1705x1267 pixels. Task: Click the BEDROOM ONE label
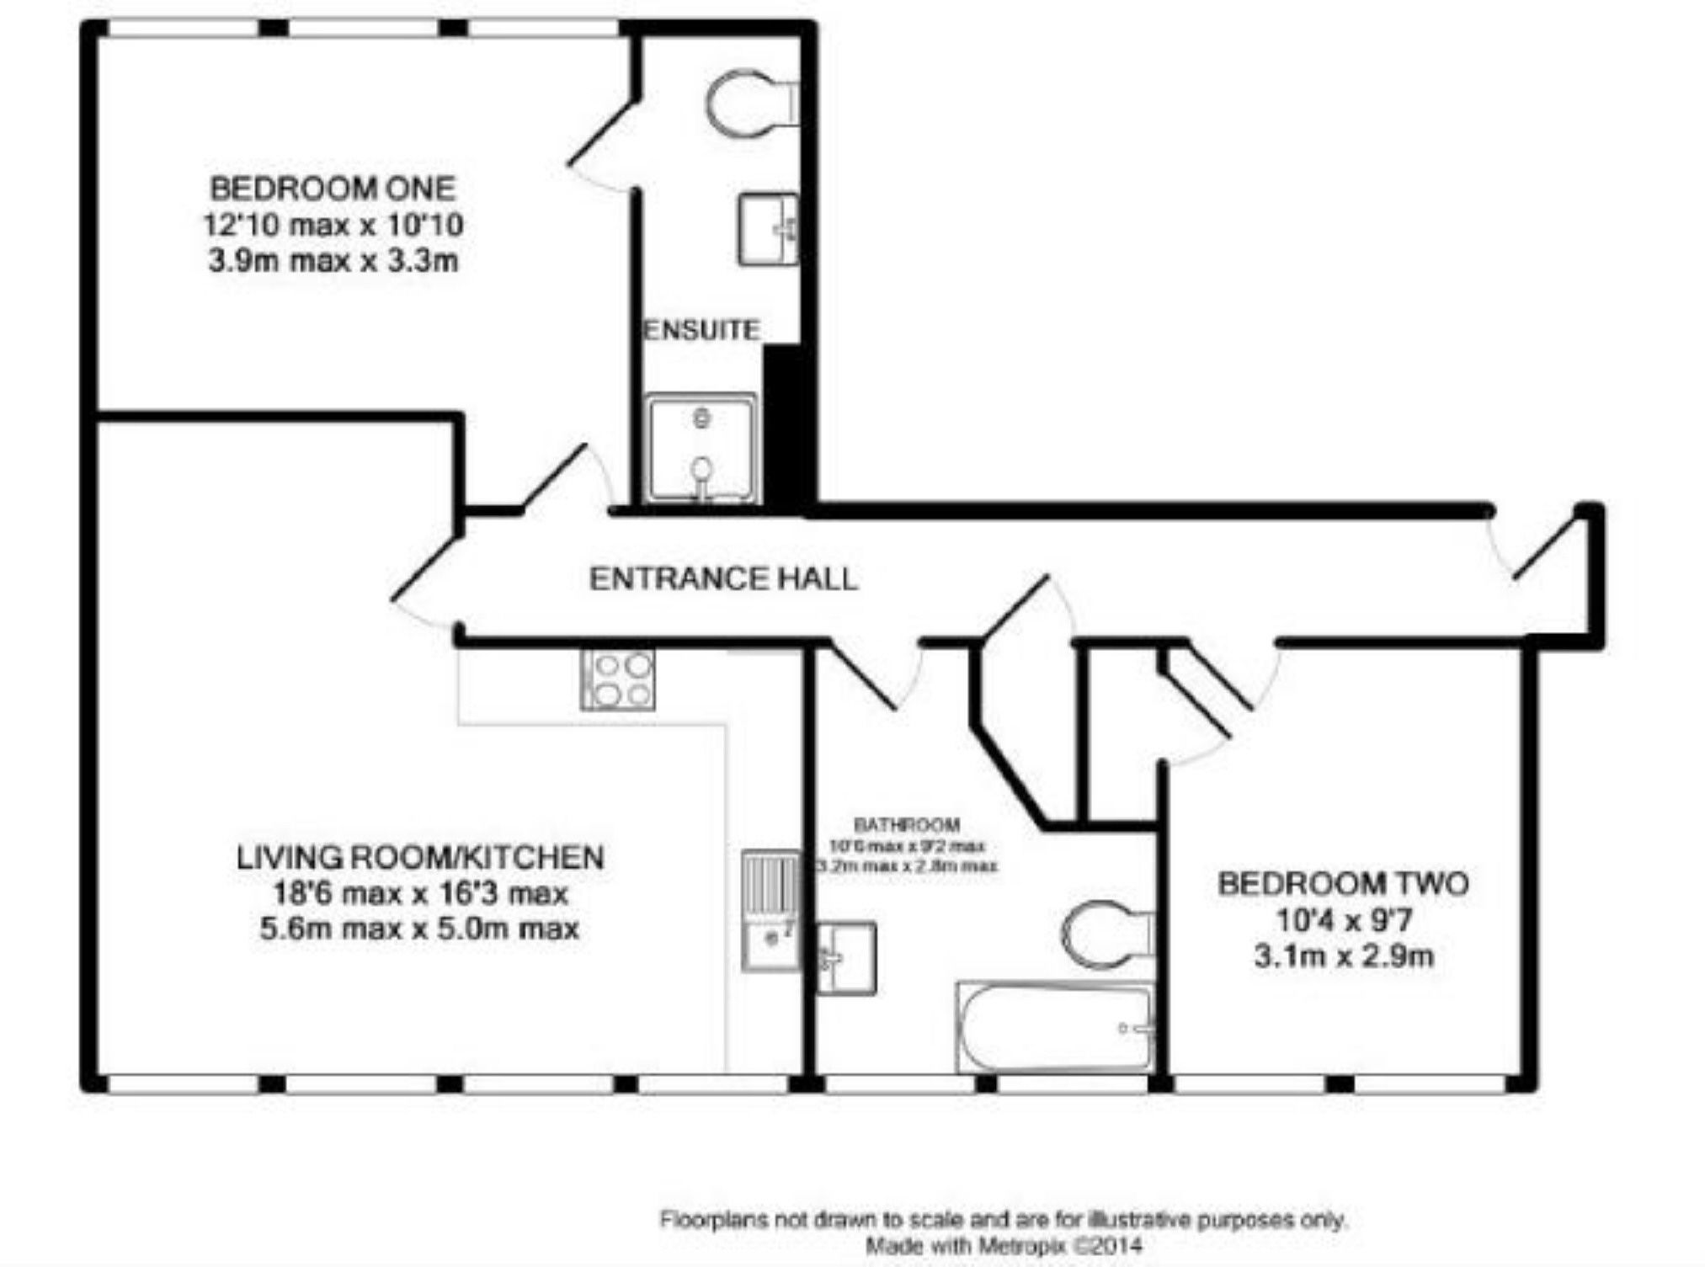pyautogui.click(x=333, y=188)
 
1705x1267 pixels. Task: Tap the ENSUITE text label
pyautogui.click(x=701, y=330)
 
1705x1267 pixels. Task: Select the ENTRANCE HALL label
pyautogui.click(x=722, y=579)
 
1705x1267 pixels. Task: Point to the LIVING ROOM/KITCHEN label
pyautogui.click(x=419, y=857)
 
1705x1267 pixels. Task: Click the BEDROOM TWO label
pyautogui.click(x=1343, y=883)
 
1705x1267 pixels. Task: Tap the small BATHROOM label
pyautogui.click(x=906, y=825)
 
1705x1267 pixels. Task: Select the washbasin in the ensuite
pyautogui.click(x=767, y=229)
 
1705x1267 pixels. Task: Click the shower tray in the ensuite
pyautogui.click(x=701, y=449)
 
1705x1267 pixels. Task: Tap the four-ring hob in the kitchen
pyautogui.click(x=618, y=679)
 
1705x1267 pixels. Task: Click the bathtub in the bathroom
pyautogui.click(x=1054, y=1028)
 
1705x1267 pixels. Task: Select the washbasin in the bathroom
pyautogui.click(x=846, y=958)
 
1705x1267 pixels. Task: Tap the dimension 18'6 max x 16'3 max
pyautogui.click(x=419, y=893)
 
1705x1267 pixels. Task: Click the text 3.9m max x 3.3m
pyautogui.click(x=333, y=261)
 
